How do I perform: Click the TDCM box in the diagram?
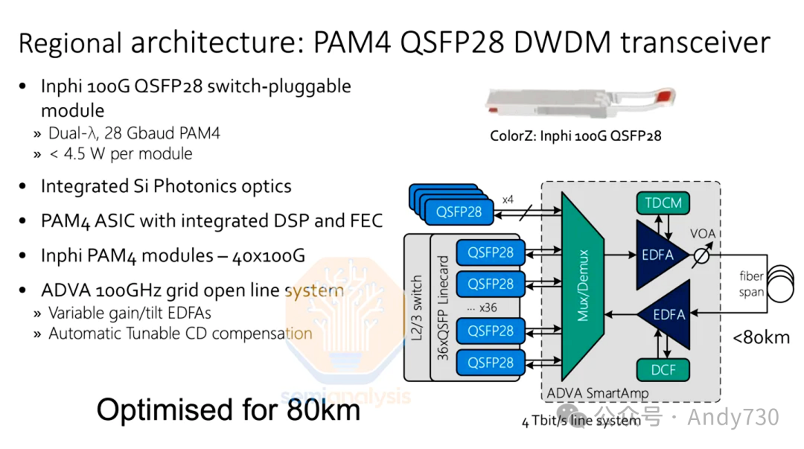pyautogui.click(x=663, y=203)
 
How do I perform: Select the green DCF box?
pyautogui.click(x=663, y=369)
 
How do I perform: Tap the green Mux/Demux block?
pyautogui.click(x=582, y=285)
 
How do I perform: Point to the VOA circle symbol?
pyautogui.click(x=701, y=255)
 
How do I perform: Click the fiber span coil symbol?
pyautogui.click(x=782, y=284)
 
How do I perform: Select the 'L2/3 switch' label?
pyautogui.click(x=417, y=308)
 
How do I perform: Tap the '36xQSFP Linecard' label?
pyautogui.click(x=443, y=308)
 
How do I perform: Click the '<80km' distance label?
pyautogui.click(x=761, y=337)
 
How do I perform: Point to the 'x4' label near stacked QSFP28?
pyautogui.click(x=508, y=200)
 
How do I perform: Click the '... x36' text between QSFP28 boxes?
pyautogui.click(x=482, y=308)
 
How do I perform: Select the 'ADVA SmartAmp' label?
pyautogui.click(x=597, y=393)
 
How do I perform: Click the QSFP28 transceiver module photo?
pyautogui.click(x=581, y=102)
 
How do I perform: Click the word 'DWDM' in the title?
pyautogui.click(x=562, y=42)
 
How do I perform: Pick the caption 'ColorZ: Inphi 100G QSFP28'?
pyautogui.click(x=575, y=136)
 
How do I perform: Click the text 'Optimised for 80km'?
pyautogui.click(x=229, y=410)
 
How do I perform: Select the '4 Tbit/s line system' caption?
pyautogui.click(x=581, y=421)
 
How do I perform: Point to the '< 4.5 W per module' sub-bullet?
pyautogui.click(x=121, y=154)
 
